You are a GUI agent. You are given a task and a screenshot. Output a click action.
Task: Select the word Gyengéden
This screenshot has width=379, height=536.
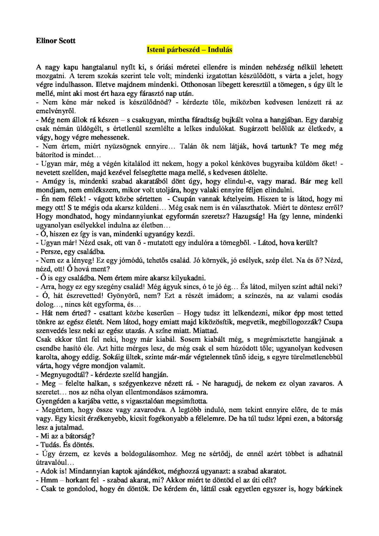(x=53, y=401)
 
